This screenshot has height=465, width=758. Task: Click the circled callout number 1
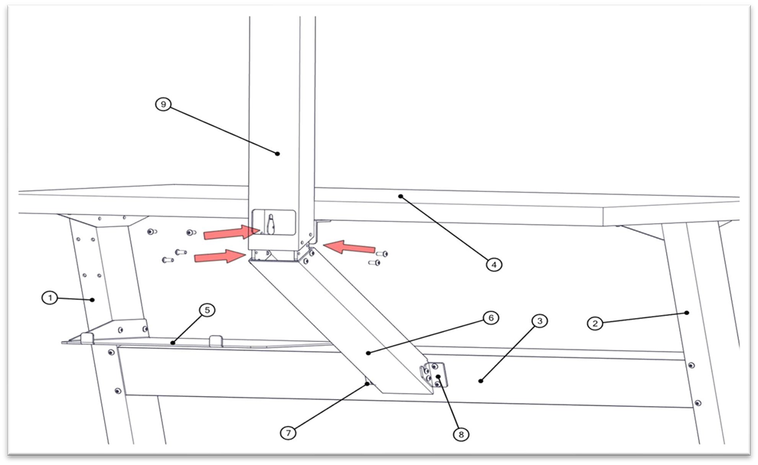(50, 298)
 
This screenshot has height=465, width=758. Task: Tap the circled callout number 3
(540, 321)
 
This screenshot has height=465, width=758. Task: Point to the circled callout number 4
(494, 265)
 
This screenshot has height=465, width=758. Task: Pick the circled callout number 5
(207, 310)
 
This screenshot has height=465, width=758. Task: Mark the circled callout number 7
(288, 433)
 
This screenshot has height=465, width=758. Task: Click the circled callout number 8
(460, 434)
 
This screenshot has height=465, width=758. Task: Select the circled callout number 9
(162, 105)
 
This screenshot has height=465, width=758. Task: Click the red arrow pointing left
(349, 247)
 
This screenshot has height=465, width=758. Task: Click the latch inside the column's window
(270, 223)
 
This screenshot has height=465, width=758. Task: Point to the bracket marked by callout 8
(434, 375)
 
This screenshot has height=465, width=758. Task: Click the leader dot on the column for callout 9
(278, 154)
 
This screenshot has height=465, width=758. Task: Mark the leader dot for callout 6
(368, 353)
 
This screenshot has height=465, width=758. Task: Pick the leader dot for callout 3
(480, 379)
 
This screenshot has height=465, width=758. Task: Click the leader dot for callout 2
(687, 312)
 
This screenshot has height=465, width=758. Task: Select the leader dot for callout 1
(93, 301)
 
